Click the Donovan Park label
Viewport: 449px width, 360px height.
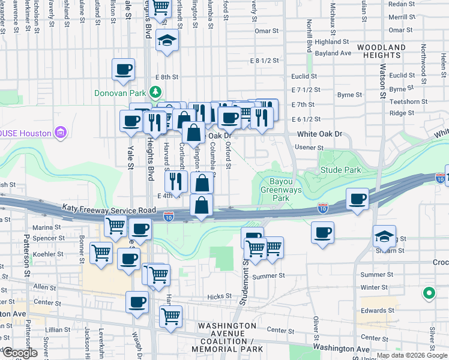click(121, 94)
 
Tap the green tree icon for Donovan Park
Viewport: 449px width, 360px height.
click(155, 92)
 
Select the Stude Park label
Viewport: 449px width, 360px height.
click(340, 170)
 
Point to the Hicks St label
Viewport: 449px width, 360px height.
click(219, 296)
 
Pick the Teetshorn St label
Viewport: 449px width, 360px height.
click(408, 101)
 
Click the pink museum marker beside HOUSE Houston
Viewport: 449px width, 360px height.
click(59, 132)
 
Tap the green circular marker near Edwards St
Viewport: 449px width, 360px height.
click(429, 293)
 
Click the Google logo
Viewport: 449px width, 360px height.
click(19, 353)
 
